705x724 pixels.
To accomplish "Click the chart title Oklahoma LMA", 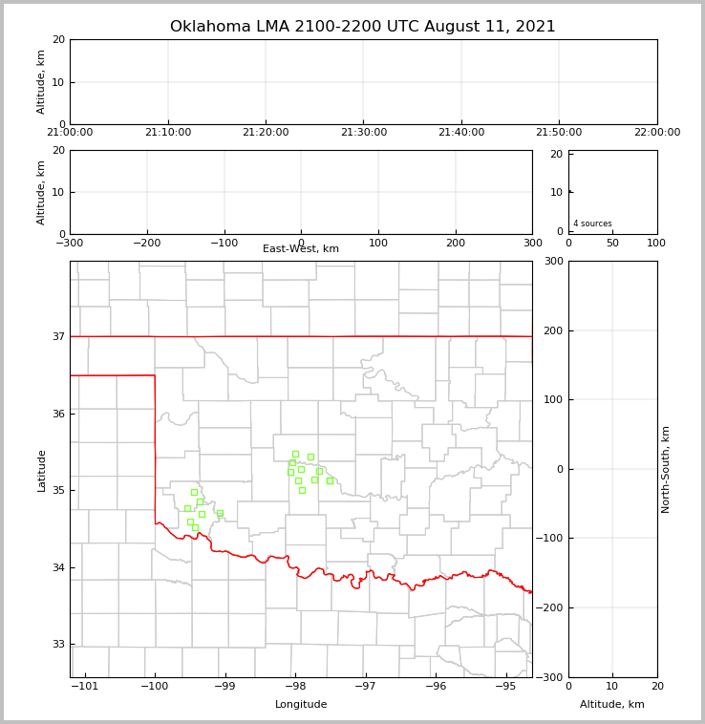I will click(x=363, y=27).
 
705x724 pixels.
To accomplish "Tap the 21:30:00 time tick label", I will click(x=364, y=133).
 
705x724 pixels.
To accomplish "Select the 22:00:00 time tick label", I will click(x=657, y=133).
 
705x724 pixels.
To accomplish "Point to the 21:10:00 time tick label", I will click(x=168, y=133).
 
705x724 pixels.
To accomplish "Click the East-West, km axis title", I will click(x=301, y=249).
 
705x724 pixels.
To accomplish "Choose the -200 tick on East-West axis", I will click(x=146, y=244).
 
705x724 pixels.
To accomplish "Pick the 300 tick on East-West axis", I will click(x=532, y=244).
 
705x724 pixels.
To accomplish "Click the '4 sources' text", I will click(x=592, y=224).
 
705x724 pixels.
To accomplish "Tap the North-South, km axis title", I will click(x=667, y=469).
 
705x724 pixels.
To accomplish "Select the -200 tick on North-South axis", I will click(x=550, y=607).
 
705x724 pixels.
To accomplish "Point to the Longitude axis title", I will click(x=301, y=705).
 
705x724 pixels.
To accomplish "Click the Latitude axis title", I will click(x=41, y=470).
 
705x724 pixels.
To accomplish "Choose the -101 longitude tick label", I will click(x=85, y=686).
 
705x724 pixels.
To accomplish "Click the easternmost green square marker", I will click(x=330, y=480).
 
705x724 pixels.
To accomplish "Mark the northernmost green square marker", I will click(x=295, y=454).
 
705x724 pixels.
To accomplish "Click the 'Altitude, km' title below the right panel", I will click(x=612, y=705).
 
